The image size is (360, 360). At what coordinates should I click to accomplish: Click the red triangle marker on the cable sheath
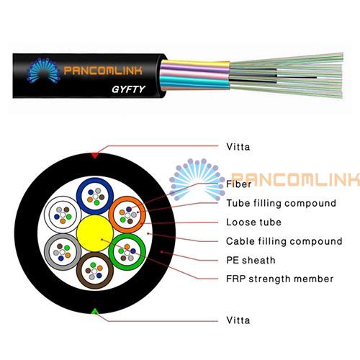pyautogui.click(x=95, y=156)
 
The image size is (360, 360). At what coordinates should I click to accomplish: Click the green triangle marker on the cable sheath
pyautogui.click(x=95, y=311)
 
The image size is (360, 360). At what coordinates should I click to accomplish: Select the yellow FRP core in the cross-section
pyautogui.click(x=95, y=233)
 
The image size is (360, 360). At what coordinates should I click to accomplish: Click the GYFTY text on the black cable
pyautogui.click(x=128, y=89)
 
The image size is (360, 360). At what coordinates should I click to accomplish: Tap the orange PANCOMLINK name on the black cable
pyautogui.click(x=103, y=71)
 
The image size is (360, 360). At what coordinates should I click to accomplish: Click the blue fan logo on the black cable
pyautogui.click(x=43, y=71)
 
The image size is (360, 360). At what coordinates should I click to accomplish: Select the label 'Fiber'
pyautogui.click(x=238, y=184)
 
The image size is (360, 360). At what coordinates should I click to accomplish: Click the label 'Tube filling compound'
pyautogui.click(x=281, y=203)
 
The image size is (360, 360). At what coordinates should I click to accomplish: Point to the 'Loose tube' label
pyautogui.click(x=253, y=222)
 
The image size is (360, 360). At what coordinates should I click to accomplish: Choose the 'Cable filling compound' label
pyautogui.click(x=284, y=241)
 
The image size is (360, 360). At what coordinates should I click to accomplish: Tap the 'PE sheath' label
pyautogui.click(x=251, y=260)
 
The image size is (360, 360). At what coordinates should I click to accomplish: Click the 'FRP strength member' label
pyautogui.click(x=280, y=279)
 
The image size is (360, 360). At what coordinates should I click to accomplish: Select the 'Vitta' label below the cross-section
pyautogui.click(x=238, y=320)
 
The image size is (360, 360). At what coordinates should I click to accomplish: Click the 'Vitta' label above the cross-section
pyautogui.click(x=238, y=147)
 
